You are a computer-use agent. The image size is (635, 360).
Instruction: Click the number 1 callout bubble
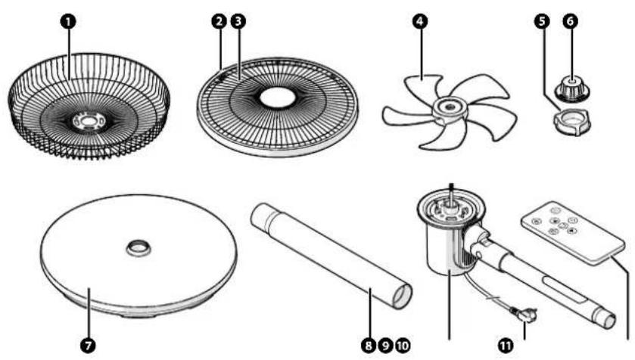(68, 21)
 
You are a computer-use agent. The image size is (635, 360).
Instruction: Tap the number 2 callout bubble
(219, 21)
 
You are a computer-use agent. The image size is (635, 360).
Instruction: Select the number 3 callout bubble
(238, 21)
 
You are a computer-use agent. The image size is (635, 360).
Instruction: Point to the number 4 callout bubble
(420, 21)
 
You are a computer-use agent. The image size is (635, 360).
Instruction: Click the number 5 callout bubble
(542, 21)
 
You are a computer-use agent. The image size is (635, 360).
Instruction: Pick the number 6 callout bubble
(570, 21)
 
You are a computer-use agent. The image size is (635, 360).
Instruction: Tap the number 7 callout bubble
(88, 345)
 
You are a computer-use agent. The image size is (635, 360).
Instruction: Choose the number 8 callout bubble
(368, 345)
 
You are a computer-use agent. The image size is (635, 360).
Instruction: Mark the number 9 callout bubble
(385, 345)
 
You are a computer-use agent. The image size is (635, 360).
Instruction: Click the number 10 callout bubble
(402, 345)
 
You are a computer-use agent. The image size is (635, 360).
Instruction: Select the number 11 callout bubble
(506, 345)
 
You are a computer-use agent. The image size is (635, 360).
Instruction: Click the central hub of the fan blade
(449, 109)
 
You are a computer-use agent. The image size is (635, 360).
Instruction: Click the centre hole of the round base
(139, 247)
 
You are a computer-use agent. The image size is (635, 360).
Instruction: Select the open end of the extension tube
(402, 296)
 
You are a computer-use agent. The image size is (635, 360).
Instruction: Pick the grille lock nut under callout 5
(571, 123)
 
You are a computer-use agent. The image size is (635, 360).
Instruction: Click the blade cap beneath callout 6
(572, 89)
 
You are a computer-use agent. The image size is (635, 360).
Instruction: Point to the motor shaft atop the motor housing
(451, 194)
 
